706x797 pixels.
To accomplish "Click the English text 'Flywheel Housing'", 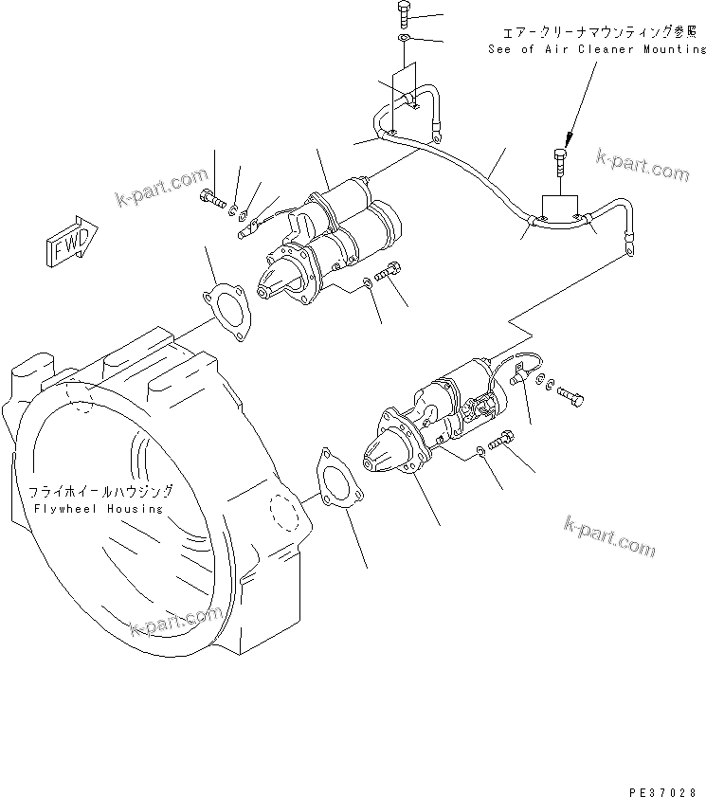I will tap(96, 509).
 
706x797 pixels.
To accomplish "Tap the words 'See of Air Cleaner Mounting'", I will tap(597, 48).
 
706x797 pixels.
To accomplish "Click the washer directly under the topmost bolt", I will tap(404, 38).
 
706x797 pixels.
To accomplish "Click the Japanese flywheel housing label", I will tap(100, 492).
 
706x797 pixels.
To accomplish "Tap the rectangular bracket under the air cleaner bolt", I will tap(559, 208).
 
